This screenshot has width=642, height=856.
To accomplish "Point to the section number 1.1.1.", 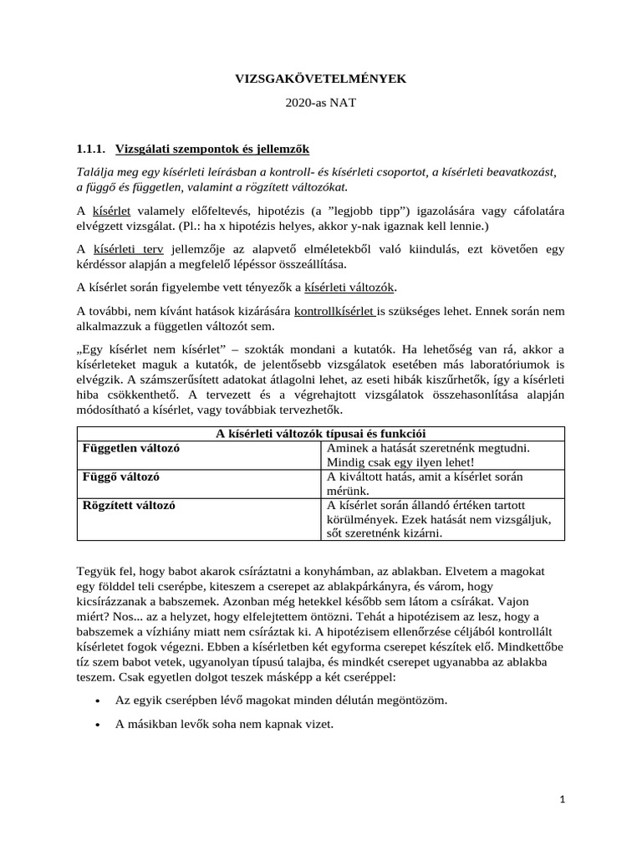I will pyautogui.click(x=91, y=150).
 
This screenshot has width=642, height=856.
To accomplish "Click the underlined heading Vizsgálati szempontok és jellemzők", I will pyautogui.click(x=211, y=150).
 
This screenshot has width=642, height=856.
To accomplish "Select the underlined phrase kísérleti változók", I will pyautogui.click(x=349, y=288).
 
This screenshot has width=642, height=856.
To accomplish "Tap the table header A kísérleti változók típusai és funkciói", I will pyautogui.click(x=320, y=433).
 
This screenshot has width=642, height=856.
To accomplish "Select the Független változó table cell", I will pyautogui.click(x=131, y=448).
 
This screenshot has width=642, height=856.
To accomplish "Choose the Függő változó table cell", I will pyautogui.click(x=121, y=476).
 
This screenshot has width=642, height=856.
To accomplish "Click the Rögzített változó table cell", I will pyautogui.click(x=129, y=505).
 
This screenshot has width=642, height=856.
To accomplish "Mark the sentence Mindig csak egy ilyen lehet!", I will pyautogui.click(x=400, y=462).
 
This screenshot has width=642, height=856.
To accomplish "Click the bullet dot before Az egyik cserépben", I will pyautogui.click(x=99, y=700).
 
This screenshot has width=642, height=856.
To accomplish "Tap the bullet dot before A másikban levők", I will pyautogui.click(x=99, y=725).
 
